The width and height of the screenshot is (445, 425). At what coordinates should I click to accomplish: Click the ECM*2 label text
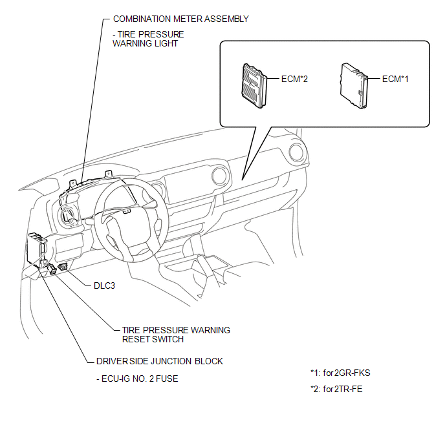295,79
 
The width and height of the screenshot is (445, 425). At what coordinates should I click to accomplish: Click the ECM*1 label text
395,79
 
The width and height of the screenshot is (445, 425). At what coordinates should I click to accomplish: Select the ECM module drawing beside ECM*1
354,84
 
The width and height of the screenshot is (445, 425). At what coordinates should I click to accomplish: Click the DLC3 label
104,285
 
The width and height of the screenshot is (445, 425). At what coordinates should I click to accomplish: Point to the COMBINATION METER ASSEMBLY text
180,19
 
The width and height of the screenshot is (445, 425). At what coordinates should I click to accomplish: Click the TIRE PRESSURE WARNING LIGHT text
148,39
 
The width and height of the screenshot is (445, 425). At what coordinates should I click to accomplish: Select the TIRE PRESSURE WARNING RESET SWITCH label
175,335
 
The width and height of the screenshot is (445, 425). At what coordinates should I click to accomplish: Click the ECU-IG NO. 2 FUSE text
136,378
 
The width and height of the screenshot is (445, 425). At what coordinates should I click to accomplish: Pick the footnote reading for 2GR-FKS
340,373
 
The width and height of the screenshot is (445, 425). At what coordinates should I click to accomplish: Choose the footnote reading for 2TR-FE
338,389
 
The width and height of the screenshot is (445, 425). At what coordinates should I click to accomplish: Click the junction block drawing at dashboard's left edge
36,248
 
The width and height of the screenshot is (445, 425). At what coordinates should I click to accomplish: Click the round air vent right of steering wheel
217,178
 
